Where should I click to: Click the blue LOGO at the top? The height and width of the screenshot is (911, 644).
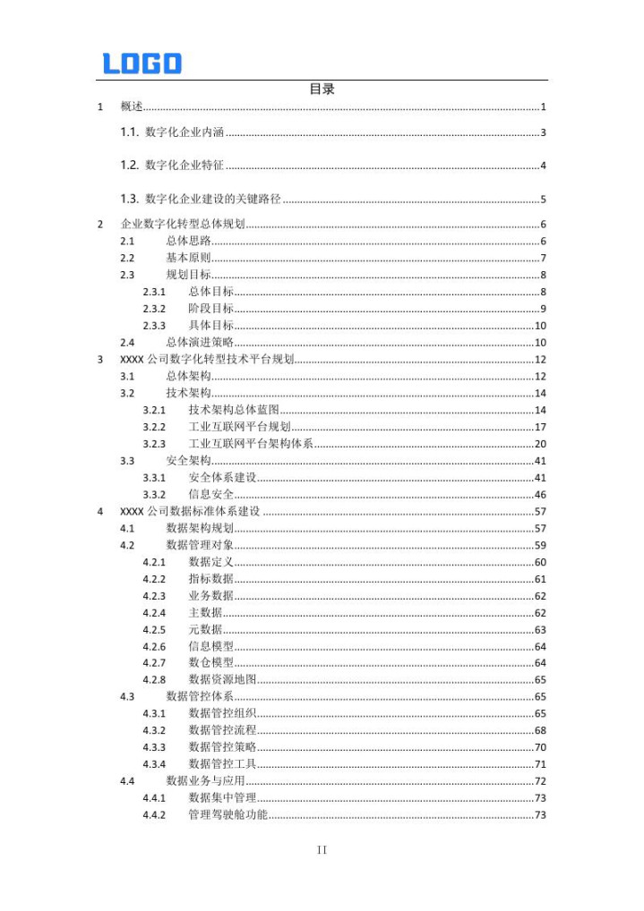(x=142, y=64)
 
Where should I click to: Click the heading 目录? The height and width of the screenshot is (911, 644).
(x=322, y=89)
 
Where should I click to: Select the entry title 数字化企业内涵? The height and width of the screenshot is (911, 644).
(x=184, y=133)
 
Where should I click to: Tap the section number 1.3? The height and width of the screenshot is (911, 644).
(x=129, y=199)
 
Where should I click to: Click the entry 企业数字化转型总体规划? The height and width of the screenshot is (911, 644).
(x=183, y=224)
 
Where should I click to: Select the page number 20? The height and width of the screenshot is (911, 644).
(x=540, y=444)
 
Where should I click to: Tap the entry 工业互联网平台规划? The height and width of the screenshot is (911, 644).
(x=240, y=427)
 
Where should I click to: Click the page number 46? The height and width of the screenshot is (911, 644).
(x=540, y=495)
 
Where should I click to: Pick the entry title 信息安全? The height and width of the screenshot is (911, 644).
(x=211, y=495)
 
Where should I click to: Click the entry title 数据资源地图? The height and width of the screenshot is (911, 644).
(x=222, y=680)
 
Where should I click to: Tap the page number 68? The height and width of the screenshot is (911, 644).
(x=540, y=730)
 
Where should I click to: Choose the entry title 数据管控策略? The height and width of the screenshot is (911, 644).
(x=222, y=747)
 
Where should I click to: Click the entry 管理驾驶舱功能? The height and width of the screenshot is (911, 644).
(x=228, y=815)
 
